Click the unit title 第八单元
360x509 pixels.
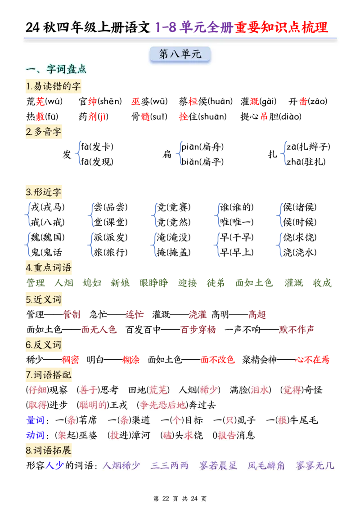pyautogui.click(x=180, y=54)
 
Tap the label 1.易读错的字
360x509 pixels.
pyautogui.click(x=54, y=86)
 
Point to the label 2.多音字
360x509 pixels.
pyautogui.click(x=43, y=132)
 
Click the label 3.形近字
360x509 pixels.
pyautogui.click(x=43, y=192)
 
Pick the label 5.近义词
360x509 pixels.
pyautogui.click(x=43, y=299)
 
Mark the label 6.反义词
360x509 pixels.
pyautogui.click(x=43, y=345)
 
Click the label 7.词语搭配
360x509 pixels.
pyautogui.click(x=48, y=375)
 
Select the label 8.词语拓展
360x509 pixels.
pyautogui.click(x=48, y=450)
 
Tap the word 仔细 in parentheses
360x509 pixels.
pyautogui.click(x=37, y=390)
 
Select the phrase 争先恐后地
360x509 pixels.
pyautogui.click(x=162, y=405)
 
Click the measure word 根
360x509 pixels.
pyautogui.click(x=282, y=420)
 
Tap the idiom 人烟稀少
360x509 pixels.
pyautogui.click(x=121, y=465)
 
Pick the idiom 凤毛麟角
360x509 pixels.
pyautogui.click(x=266, y=465)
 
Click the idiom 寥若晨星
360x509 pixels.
pyautogui.click(x=218, y=465)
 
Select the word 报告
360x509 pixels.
pyautogui.click(x=226, y=436)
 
